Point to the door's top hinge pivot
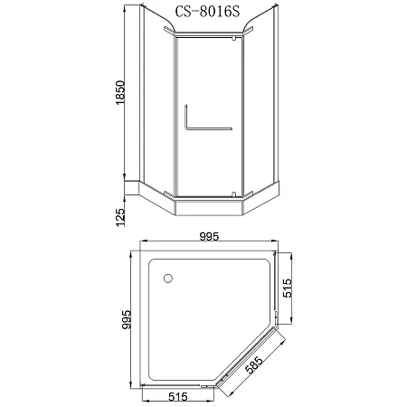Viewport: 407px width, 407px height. tap(233, 40)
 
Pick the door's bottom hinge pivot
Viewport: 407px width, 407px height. tap(233, 193)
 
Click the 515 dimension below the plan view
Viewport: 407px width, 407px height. tap(176, 395)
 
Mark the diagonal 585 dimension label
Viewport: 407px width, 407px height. tap(263, 371)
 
